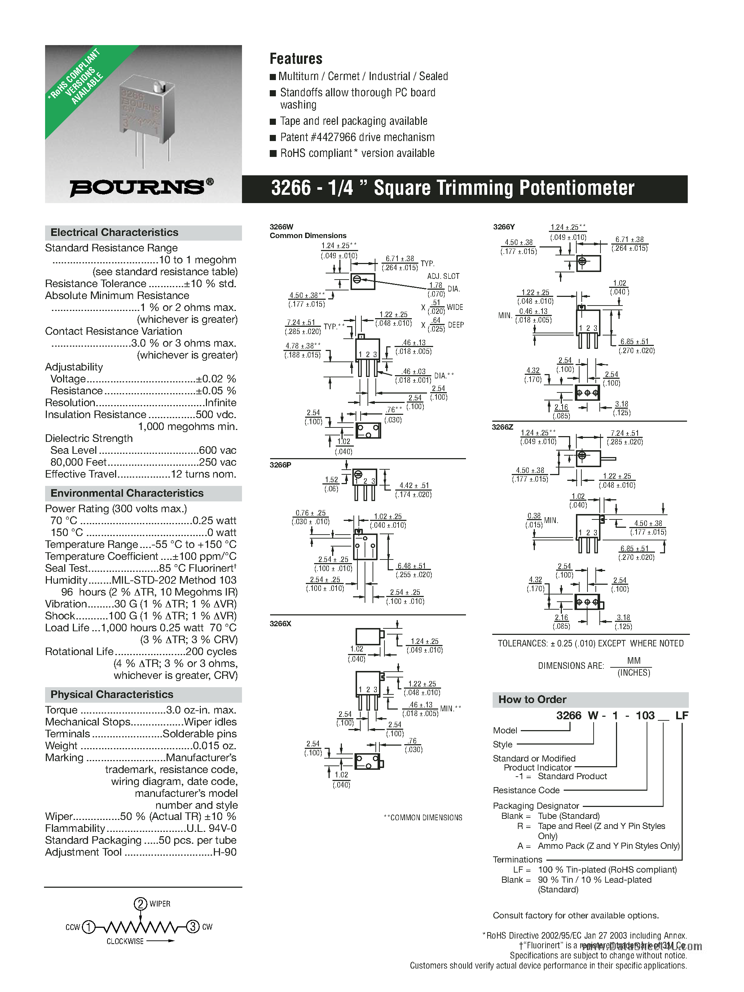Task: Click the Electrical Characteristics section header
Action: pos(114,232)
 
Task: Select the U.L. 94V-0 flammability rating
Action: pos(212,828)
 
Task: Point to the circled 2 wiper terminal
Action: pos(140,904)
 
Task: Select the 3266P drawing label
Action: pos(280,465)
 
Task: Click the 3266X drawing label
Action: pos(280,624)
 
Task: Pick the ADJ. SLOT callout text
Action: pos(443,276)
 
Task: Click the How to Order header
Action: pos(532,699)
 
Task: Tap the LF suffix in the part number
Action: pos(681,715)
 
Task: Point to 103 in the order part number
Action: pos(645,715)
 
